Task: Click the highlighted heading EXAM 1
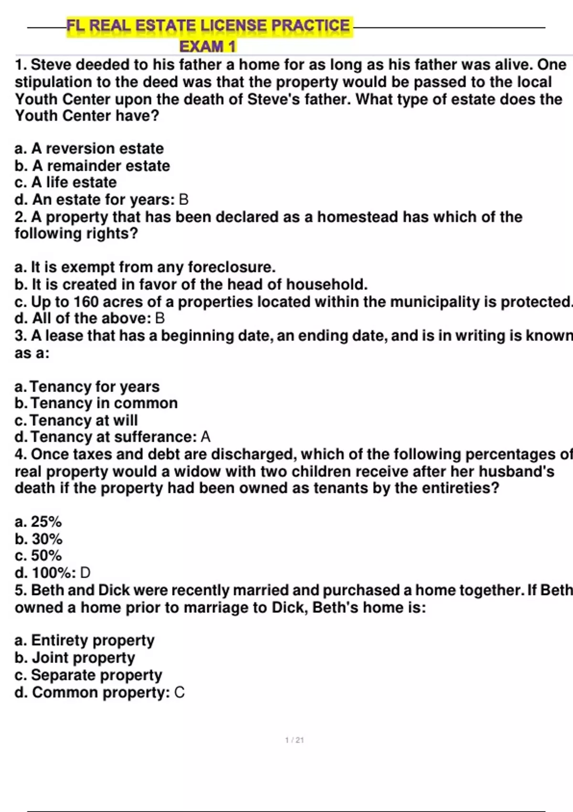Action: pyautogui.click(x=208, y=46)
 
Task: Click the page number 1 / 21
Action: pyautogui.click(x=294, y=740)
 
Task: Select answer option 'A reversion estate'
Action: pyautogui.click(x=89, y=149)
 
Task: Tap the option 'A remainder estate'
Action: pyautogui.click(x=92, y=166)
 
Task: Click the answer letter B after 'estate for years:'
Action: pyautogui.click(x=183, y=200)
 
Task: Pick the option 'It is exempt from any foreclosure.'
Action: pyautogui.click(x=145, y=267)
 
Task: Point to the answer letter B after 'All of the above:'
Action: pyautogui.click(x=160, y=319)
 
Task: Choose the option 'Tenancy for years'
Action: pyautogui.click(x=87, y=386)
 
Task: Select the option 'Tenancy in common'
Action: pyautogui.click(x=96, y=403)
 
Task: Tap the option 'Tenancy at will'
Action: pyautogui.click(x=76, y=420)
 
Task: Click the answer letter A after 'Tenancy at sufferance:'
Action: pyautogui.click(x=205, y=437)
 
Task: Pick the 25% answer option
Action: pyautogui.click(x=39, y=522)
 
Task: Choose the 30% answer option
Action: pyautogui.click(x=39, y=539)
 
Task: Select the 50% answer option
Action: pyautogui.click(x=39, y=556)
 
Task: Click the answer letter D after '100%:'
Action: pyautogui.click(x=85, y=573)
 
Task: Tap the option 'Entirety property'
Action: pyautogui.click(x=85, y=641)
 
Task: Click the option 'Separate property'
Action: pyautogui.click(x=89, y=675)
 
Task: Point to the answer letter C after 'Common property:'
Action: pyautogui.click(x=180, y=693)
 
